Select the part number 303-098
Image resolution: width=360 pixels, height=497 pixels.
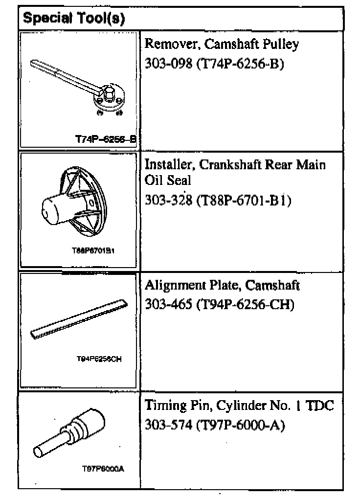pyautogui.click(x=167, y=64)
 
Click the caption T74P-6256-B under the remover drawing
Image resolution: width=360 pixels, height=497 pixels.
pyautogui.click(x=105, y=139)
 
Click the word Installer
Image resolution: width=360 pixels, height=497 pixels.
pyautogui.click(x=166, y=164)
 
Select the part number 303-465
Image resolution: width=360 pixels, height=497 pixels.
pyautogui.click(x=167, y=304)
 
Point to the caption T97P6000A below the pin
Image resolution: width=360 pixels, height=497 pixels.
pyautogui.click(x=103, y=470)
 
